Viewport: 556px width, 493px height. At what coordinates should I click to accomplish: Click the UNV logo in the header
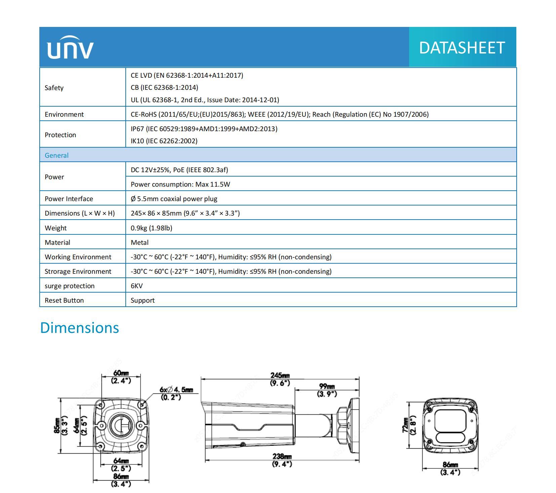tap(70, 47)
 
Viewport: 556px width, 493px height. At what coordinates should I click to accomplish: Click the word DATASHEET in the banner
tap(462, 47)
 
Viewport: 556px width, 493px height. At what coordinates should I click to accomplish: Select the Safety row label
tap(54, 88)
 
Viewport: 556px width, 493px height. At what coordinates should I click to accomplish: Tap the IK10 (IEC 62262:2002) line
tap(164, 141)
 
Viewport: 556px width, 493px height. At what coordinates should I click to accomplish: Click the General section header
tap(56, 155)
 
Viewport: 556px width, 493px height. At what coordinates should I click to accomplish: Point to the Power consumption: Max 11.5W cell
tap(180, 184)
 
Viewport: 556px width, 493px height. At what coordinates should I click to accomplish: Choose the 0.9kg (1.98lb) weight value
tap(151, 228)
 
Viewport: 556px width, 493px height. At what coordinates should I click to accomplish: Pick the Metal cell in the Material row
tap(140, 242)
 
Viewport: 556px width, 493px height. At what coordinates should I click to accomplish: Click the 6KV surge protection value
tap(136, 286)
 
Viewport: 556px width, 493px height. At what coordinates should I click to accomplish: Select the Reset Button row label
tap(64, 300)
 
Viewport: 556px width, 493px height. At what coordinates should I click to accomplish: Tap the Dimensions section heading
tap(79, 328)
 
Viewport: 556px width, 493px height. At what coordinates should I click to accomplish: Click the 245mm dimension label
tap(280, 375)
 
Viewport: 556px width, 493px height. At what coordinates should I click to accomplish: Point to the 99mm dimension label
tap(327, 386)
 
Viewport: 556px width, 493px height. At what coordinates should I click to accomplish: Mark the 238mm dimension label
tap(282, 457)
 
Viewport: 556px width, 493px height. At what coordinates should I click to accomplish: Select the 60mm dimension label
tap(121, 373)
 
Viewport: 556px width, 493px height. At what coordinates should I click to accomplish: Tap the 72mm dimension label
tap(406, 425)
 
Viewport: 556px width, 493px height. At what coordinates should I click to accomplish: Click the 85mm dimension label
tap(57, 425)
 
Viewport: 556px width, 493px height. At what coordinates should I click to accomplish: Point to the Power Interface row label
tap(69, 199)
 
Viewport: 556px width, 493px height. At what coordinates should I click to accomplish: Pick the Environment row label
tap(64, 114)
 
